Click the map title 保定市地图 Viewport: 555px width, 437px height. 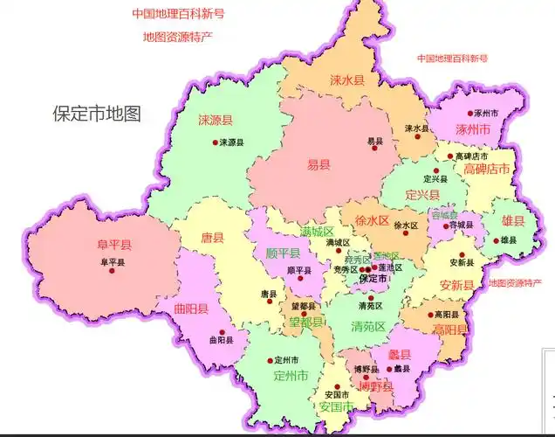96,114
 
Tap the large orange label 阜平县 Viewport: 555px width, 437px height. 113,245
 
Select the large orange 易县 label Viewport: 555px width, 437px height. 319,164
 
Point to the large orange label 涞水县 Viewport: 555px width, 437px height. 347,80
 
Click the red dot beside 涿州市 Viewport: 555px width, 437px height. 469,114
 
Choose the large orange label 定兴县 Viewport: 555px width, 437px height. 422,193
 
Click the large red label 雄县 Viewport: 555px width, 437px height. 512,221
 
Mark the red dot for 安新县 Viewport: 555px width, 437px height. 445,262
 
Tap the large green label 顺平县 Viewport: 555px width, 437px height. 284,253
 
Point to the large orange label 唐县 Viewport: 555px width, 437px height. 212,237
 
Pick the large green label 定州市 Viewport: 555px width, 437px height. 291,377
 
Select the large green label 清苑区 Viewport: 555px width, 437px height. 369,327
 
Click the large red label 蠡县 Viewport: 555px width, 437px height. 399,354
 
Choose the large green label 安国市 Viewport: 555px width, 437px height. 336,407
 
